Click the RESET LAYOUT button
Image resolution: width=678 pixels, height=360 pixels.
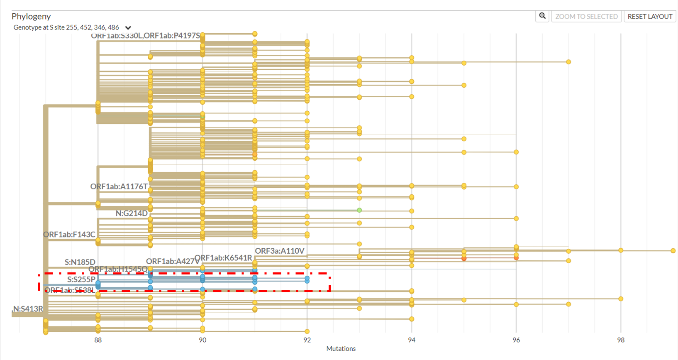click(x=650, y=17)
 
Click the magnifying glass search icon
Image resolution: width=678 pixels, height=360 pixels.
click(x=542, y=16)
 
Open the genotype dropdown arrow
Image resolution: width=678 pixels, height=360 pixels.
click(x=128, y=28)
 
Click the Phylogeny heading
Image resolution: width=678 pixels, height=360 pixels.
click(x=31, y=16)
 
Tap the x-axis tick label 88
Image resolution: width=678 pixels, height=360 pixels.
click(x=98, y=340)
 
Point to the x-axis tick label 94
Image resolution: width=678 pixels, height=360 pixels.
click(x=412, y=340)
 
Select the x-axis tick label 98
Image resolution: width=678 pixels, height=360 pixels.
click(x=621, y=340)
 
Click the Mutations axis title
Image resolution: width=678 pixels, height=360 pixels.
click(x=341, y=349)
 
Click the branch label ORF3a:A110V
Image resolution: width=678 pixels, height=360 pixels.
click(x=280, y=251)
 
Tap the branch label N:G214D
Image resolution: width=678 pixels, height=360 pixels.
click(x=132, y=213)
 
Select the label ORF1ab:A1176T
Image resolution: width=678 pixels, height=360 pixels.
click(x=119, y=186)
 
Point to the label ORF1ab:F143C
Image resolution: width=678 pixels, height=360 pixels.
click(x=69, y=235)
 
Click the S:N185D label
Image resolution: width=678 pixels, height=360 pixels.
click(x=80, y=262)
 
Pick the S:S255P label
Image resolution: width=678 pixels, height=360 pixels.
click(x=81, y=279)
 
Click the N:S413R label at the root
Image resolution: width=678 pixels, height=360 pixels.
click(x=28, y=309)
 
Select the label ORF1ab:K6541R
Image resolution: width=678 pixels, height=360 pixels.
click(x=223, y=258)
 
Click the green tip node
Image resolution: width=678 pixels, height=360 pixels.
click(x=359, y=210)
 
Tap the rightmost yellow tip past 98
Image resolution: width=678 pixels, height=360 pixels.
click(x=673, y=251)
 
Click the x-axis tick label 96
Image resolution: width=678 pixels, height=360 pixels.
click(x=516, y=340)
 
